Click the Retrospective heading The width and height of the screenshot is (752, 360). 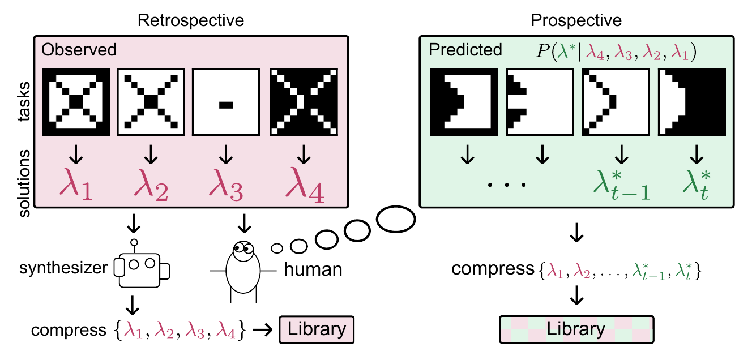(x=191, y=21)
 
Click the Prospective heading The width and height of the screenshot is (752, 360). (x=576, y=21)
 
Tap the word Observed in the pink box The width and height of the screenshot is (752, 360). (x=79, y=50)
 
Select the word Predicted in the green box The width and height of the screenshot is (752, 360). (x=465, y=50)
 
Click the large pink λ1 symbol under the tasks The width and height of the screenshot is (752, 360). (x=76, y=185)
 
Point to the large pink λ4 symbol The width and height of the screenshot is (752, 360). (x=305, y=185)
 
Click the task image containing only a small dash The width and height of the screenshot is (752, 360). (x=226, y=102)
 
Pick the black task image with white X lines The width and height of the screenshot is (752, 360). (x=304, y=102)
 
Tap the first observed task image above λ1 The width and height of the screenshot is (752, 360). (x=76, y=102)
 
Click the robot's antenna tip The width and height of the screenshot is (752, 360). (x=134, y=242)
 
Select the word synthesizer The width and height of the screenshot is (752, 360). (x=63, y=268)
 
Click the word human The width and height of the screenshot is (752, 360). (x=313, y=269)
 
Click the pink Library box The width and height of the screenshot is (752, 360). (x=317, y=329)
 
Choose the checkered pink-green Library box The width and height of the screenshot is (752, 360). (x=576, y=329)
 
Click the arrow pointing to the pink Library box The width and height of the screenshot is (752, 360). (x=263, y=330)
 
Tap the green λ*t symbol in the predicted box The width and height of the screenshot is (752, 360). (x=697, y=185)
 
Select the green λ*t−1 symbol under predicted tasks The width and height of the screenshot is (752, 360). (x=622, y=185)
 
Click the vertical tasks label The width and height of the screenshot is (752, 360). (x=24, y=101)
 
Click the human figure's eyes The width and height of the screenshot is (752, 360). (x=243, y=248)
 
